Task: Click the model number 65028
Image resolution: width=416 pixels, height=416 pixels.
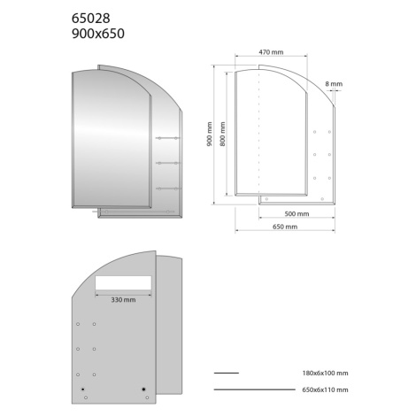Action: pos(91,19)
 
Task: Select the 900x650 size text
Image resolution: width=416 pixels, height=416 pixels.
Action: pos(98,34)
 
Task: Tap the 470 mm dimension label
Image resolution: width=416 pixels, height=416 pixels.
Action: pos(271,52)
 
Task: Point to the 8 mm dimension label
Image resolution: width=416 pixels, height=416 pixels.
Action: pos(334,84)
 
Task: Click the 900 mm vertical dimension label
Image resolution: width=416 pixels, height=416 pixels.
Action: pos(210,135)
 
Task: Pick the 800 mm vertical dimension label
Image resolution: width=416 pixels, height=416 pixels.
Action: pos(223,134)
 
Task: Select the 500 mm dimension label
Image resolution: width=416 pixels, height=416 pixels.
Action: pos(297,214)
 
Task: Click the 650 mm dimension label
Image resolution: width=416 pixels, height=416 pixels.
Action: pos(285,227)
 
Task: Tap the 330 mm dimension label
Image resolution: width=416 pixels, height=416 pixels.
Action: pos(123,300)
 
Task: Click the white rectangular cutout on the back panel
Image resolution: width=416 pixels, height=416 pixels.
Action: pos(123,282)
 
